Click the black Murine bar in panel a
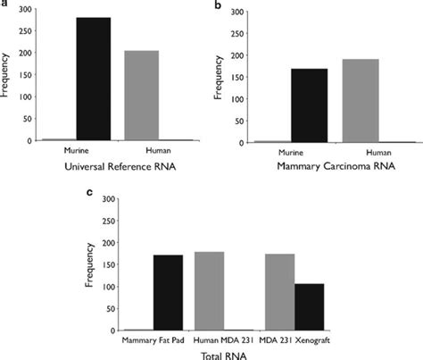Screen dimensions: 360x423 [x=93, y=79]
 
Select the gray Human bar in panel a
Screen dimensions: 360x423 [x=141, y=96]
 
